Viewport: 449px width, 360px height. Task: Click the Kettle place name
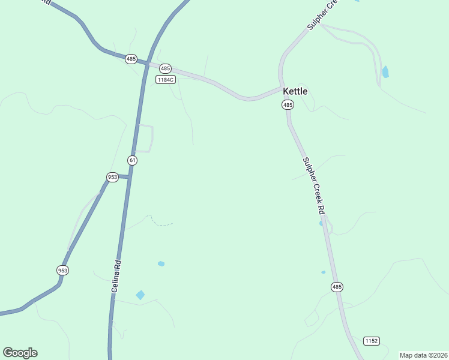tap(295, 91)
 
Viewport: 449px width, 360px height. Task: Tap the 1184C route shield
tap(165, 79)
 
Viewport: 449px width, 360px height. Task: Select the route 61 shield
tap(132, 160)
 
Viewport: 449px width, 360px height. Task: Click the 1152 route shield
tap(372, 341)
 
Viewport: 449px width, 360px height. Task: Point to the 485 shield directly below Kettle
tap(288, 105)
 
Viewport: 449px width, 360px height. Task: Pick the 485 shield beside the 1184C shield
tap(166, 69)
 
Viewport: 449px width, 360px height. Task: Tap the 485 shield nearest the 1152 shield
tap(337, 287)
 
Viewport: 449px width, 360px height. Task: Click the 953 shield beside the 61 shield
tap(112, 177)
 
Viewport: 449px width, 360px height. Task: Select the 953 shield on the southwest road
tap(62, 270)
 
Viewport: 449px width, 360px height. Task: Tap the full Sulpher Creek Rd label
tap(313, 186)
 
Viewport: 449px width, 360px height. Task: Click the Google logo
tap(20, 353)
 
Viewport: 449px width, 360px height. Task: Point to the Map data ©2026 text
tap(423, 355)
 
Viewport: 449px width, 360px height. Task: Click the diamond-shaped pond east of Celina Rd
tap(140, 295)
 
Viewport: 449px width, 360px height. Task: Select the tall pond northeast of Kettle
tap(385, 72)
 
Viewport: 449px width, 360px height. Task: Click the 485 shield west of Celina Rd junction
tap(131, 59)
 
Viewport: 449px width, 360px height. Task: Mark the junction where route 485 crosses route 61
tap(145, 63)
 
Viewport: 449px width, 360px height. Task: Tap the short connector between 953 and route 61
tap(123, 176)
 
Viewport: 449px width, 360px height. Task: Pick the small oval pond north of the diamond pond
tap(161, 263)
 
